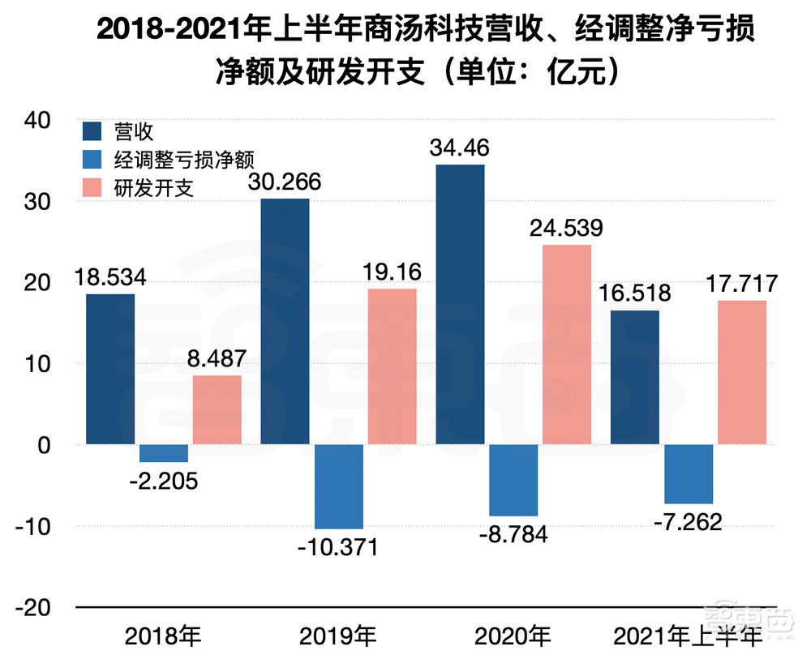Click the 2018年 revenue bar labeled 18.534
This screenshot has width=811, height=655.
click(x=110, y=369)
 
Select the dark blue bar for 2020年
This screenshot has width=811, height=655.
click(x=460, y=304)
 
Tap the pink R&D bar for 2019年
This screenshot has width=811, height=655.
click(x=392, y=366)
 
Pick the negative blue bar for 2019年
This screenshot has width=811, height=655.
click(x=339, y=486)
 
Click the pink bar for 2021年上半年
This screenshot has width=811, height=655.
click(x=741, y=372)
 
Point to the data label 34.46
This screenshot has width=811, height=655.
click(x=460, y=148)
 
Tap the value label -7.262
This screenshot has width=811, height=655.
click(x=688, y=521)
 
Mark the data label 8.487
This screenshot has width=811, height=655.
click(x=217, y=359)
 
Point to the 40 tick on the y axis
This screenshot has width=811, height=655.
click(x=37, y=120)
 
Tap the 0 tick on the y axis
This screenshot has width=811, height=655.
click(x=45, y=445)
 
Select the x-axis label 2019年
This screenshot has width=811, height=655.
click(x=337, y=634)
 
